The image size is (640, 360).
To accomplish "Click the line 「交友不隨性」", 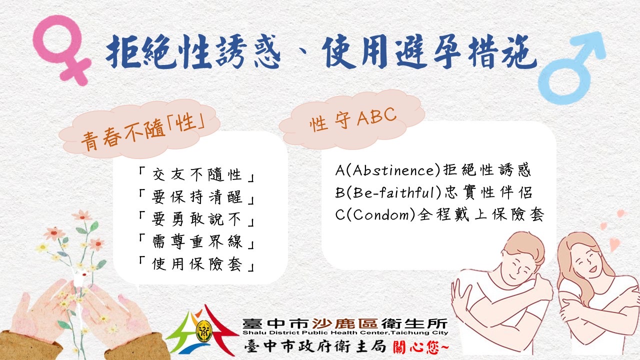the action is [x=196, y=174].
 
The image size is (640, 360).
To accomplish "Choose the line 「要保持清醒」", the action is [x=196, y=197].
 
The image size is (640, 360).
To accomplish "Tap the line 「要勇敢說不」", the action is [x=196, y=219].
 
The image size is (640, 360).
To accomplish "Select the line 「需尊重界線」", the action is [x=196, y=241].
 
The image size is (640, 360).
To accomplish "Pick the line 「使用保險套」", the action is [x=196, y=263].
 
